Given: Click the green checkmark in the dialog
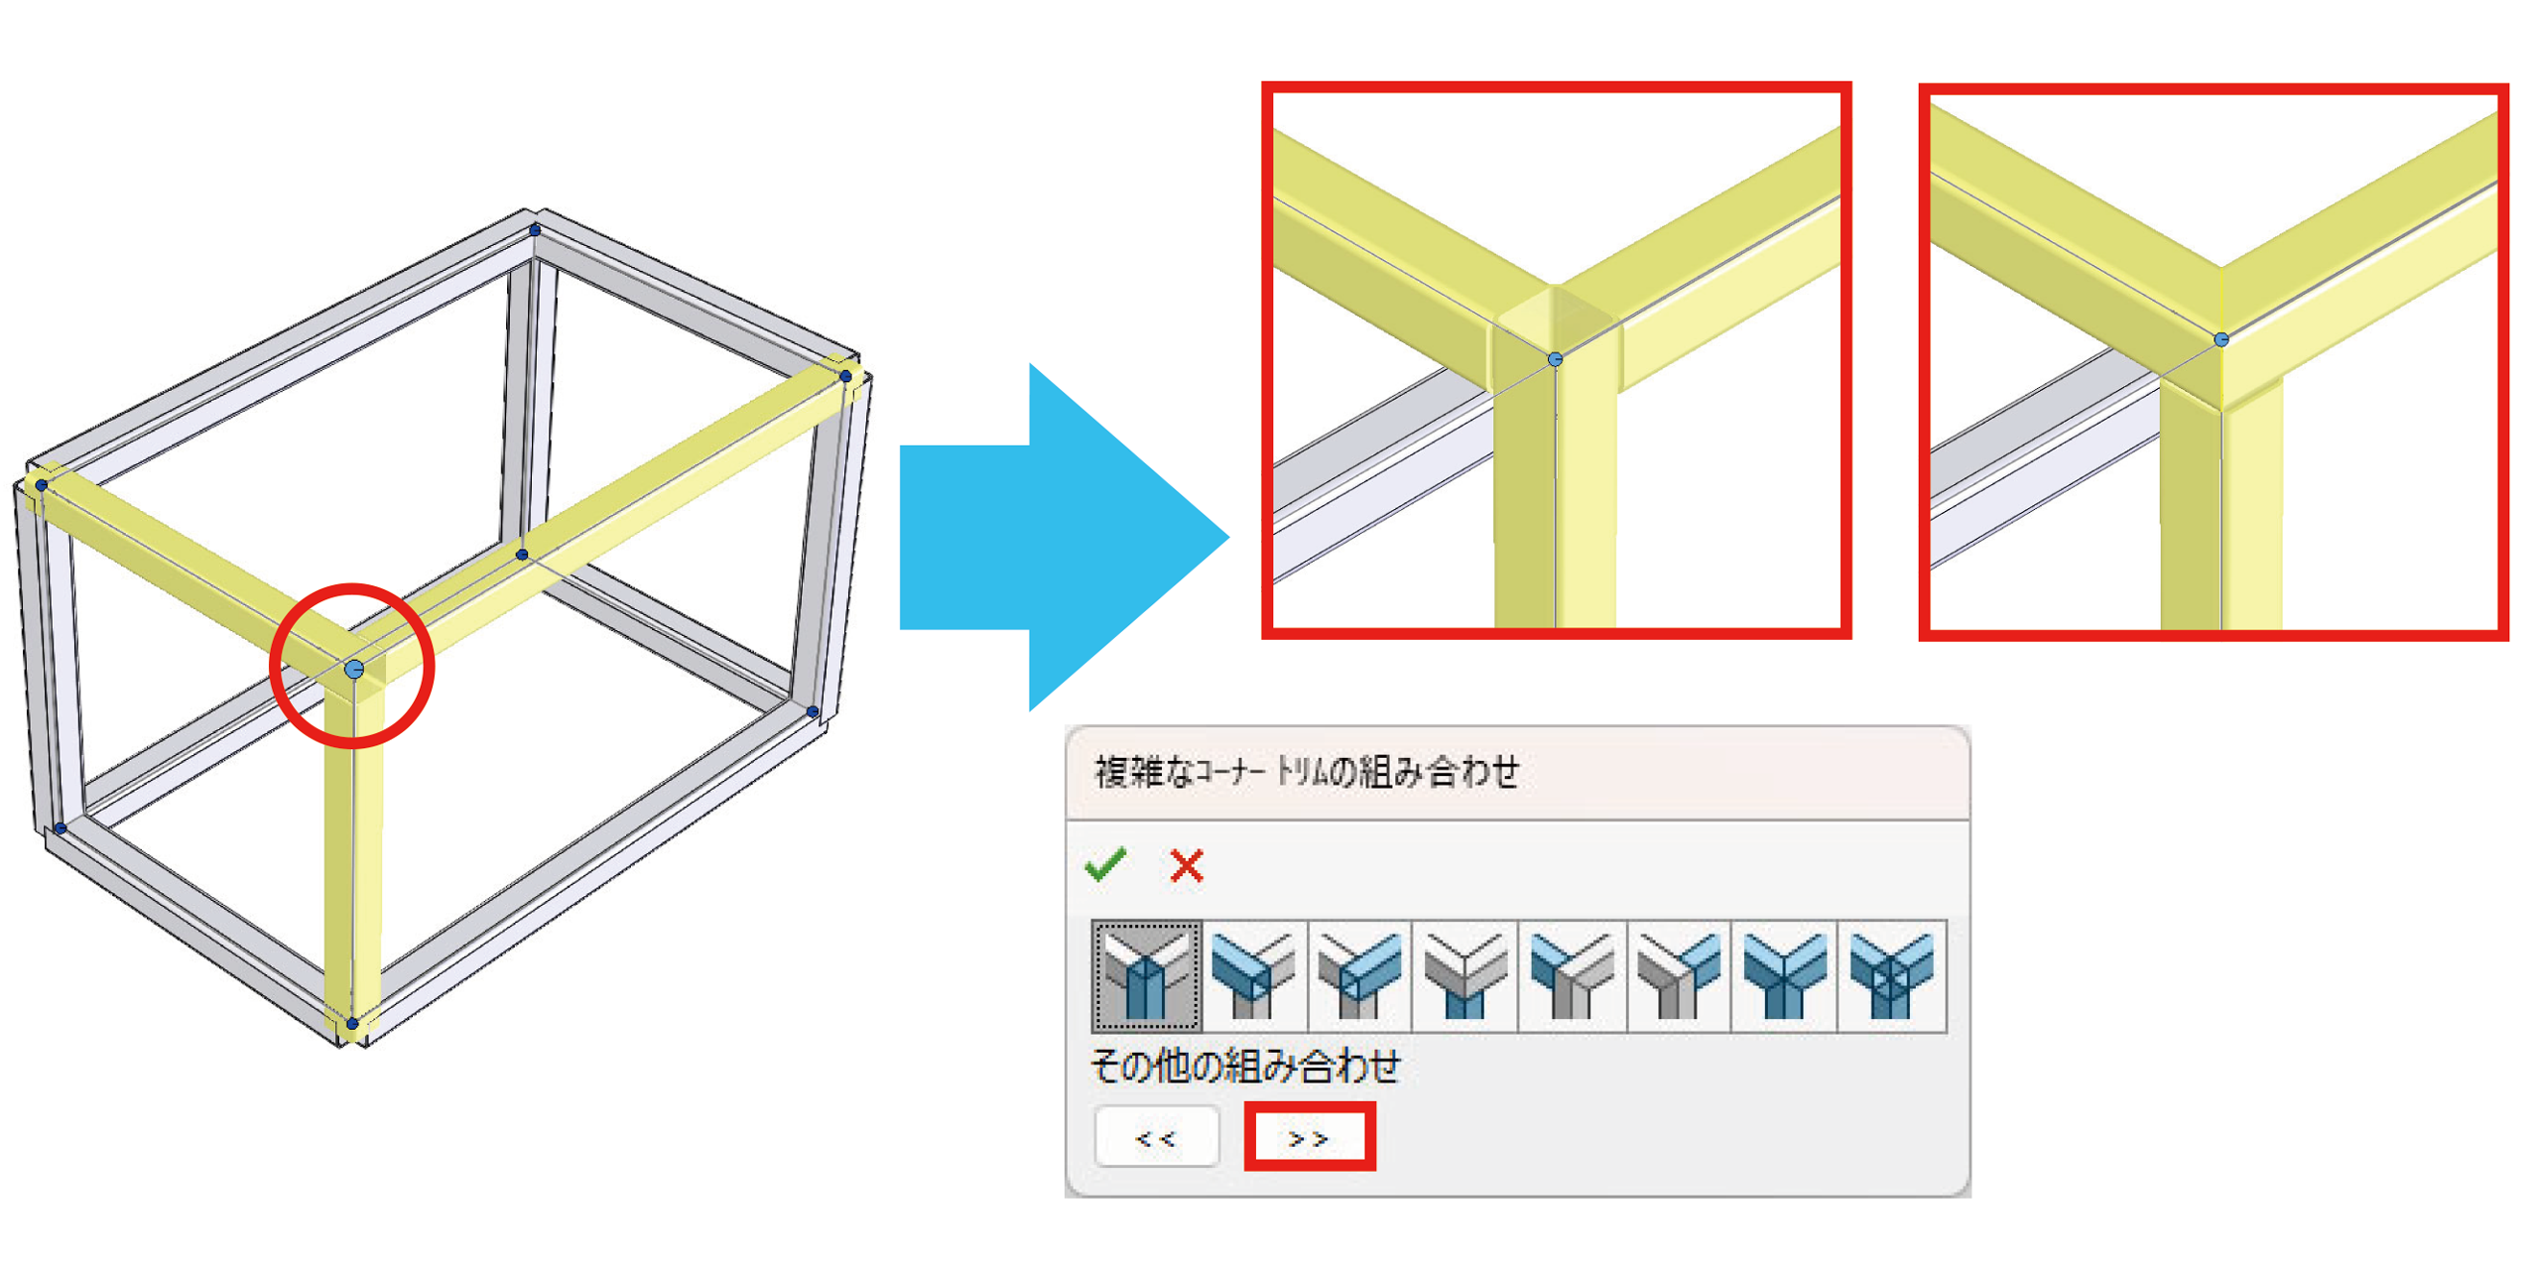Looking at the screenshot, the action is [x=1104, y=864].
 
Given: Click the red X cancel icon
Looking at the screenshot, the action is [x=1186, y=865].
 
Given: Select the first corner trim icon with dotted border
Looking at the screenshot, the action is [x=1146, y=975].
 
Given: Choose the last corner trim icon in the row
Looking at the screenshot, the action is [x=1891, y=975].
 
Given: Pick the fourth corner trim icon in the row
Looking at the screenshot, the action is [x=1464, y=975].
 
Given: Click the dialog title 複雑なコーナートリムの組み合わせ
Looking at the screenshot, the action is [x=1307, y=771].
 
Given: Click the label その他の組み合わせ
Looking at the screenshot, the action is [x=1245, y=1065].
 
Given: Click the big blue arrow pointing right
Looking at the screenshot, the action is [x=1063, y=537].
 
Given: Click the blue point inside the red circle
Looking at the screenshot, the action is [x=354, y=670].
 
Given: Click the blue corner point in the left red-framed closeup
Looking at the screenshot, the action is [x=1555, y=359].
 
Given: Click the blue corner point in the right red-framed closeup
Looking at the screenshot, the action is [x=2222, y=339].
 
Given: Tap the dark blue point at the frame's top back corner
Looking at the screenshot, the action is [x=535, y=230].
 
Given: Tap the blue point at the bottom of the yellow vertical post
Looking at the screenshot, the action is [x=352, y=1023].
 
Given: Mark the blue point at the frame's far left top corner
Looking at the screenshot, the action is [x=42, y=485].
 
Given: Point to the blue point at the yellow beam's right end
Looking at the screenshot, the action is [x=845, y=376].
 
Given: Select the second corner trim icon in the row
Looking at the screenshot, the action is [x=1253, y=975].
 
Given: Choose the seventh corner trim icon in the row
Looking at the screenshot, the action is [x=1784, y=975].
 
